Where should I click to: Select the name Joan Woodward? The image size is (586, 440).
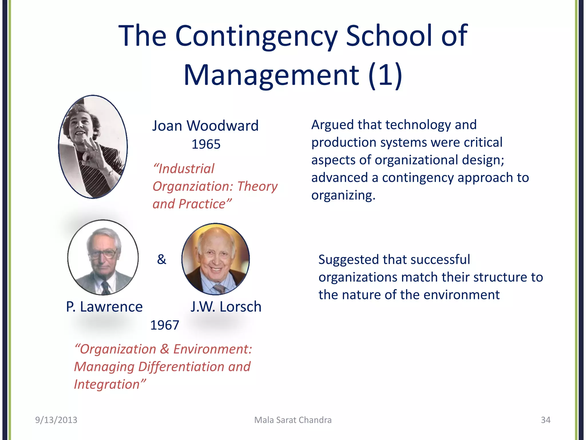pyautogui.click(x=205, y=126)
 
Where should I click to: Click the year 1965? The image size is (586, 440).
pyautogui.click(x=206, y=144)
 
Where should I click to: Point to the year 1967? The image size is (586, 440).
pyautogui.click(x=165, y=325)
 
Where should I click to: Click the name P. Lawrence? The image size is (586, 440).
pyautogui.click(x=104, y=307)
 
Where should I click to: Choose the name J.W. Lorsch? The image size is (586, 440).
pyautogui.click(x=226, y=307)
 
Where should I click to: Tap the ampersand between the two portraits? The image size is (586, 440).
pyautogui.click(x=161, y=259)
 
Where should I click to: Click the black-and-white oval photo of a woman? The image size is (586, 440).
pyautogui.click(x=93, y=147)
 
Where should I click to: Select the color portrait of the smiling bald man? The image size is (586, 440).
pyautogui.click(x=215, y=259)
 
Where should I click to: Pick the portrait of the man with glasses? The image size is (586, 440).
pyautogui.click(x=103, y=257)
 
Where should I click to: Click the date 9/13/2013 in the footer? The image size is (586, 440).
pyautogui.click(x=56, y=420)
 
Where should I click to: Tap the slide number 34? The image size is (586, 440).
pyautogui.click(x=545, y=420)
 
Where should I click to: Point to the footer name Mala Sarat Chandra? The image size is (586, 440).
pyautogui.click(x=293, y=420)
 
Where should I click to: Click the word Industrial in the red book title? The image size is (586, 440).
pyautogui.click(x=186, y=169)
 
